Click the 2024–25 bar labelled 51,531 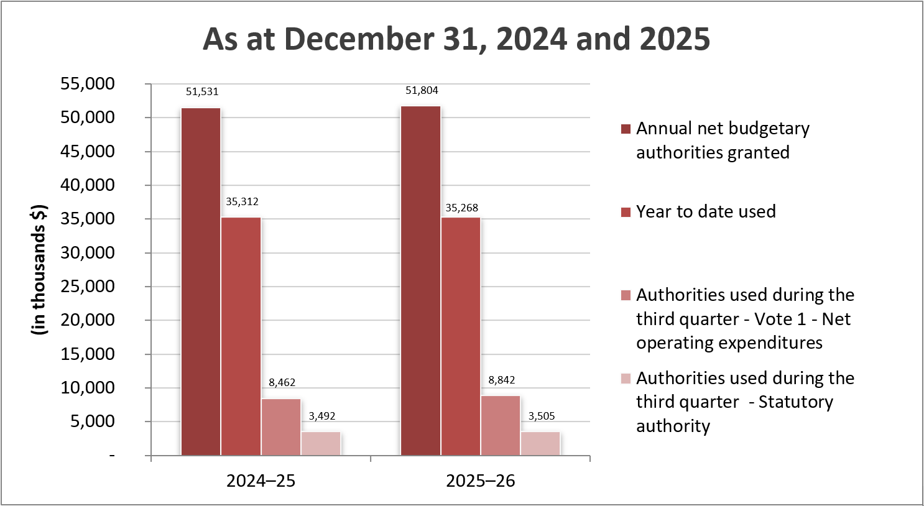[x=201, y=281]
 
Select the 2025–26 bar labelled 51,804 [x=421, y=280]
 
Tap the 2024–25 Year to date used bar [x=241, y=336]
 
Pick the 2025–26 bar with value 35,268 [x=461, y=336]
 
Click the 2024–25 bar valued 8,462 [x=281, y=426]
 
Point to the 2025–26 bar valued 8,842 [x=501, y=425]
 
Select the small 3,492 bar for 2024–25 [x=321, y=443]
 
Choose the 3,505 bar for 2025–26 [x=540, y=443]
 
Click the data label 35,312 [x=242, y=201]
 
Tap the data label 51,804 [x=422, y=91]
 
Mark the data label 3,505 [x=542, y=416]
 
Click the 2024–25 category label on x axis [x=261, y=481]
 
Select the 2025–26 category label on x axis [x=481, y=481]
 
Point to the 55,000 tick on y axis [x=88, y=84]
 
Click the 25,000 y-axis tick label [x=88, y=287]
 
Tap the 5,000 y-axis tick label [x=92, y=421]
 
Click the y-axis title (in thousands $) [x=39, y=270]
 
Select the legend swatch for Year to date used [x=626, y=212]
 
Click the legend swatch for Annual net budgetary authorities [x=626, y=129]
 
